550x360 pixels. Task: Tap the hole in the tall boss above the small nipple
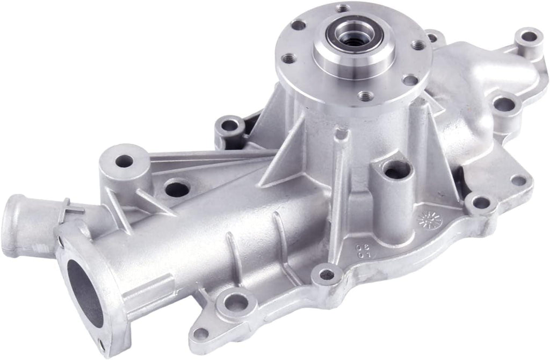125,160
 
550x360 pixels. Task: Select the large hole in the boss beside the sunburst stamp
397,171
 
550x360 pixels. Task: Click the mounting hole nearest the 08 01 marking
327,275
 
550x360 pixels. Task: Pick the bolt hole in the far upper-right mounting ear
529,37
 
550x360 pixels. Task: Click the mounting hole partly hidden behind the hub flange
432,38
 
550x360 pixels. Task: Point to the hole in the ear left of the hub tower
229,126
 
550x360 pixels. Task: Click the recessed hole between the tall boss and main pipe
177,189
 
